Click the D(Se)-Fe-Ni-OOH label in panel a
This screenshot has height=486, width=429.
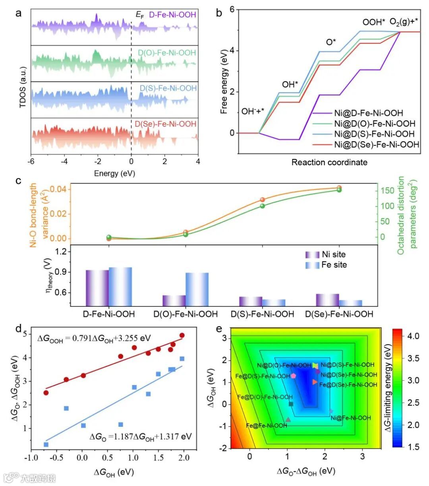[x=165, y=124]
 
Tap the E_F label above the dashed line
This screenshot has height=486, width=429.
[x=139, y=15]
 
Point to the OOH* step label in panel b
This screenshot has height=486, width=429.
[x=374, y=22]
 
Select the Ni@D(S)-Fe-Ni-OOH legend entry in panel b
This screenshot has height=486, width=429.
[x=374, y=134]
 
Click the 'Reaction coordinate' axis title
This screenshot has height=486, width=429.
[x=329, y=162]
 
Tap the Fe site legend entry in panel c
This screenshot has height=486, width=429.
[x=326, y=265]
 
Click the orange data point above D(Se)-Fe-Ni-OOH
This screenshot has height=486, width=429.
[x=339, y=188]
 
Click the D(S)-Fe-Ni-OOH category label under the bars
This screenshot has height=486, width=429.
[x=263, y=314]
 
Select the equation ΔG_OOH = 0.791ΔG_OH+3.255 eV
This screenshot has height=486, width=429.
[x=94, y=339]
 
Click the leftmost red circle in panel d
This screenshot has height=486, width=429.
[x=46, y=393]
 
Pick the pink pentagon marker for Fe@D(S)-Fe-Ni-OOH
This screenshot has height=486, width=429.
[x=293, y=376]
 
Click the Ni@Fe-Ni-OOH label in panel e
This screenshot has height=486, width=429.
[x=351, y=418]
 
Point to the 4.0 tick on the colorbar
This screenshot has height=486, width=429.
[x=414, y=336]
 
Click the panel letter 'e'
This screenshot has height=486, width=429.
[x=218, y=329]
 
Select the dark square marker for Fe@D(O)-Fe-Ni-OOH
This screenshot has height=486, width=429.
[x=291, y=404]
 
